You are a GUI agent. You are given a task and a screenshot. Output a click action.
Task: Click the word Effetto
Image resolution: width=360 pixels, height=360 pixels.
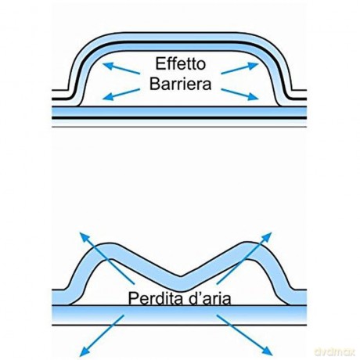click(x=181, y=64)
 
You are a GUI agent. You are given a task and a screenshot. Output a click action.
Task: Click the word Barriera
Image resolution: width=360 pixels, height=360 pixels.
click(x=180, y=84)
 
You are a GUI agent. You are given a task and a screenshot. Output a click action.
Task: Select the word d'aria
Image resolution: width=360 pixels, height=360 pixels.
click(x=210, y=298)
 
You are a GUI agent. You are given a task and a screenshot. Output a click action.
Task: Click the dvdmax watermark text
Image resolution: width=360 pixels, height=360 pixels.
click(x=335, y=352)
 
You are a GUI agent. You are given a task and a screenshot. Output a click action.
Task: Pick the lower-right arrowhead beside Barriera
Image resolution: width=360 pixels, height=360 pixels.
click(x=253, y=96)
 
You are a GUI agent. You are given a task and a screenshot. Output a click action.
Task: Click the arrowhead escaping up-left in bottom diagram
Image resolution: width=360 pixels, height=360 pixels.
click(x=84, y=237)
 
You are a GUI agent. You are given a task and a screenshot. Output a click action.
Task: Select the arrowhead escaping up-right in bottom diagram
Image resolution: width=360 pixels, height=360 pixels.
click(x=267, y=237)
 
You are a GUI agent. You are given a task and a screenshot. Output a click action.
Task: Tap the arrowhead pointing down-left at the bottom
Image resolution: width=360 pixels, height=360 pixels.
click(x=84, y=351)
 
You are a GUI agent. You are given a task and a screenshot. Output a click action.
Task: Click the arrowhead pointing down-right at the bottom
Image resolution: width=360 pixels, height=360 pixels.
click(x=268, y=351)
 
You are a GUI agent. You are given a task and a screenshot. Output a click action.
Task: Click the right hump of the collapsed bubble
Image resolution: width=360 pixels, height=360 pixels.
click(x=252, y=251)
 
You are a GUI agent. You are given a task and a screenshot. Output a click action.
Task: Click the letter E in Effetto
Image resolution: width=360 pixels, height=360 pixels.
click(x=160, y=64)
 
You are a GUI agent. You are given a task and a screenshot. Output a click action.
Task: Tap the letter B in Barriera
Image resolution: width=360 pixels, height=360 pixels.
click(x=154, y=84)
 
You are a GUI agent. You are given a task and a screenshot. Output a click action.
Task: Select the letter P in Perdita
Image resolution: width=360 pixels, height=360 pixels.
click(x=133, y=298)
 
